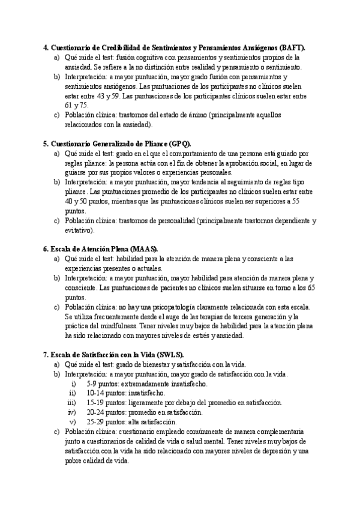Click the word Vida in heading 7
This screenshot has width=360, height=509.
pos(141,355)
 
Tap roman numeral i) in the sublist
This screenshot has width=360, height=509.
pos(74,384)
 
